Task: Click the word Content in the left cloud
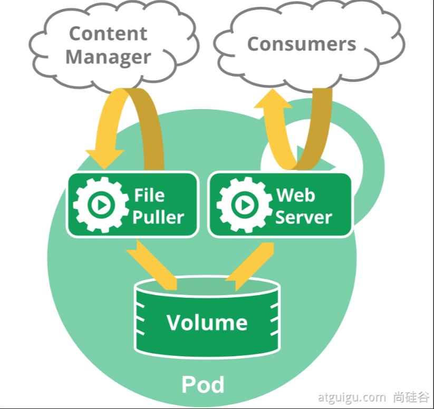click(108, 34)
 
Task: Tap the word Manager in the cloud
click(108, 57)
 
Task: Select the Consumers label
click(302, 44)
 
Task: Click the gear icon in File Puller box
click(101, 205)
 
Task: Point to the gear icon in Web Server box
click(245, 205)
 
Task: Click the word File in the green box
click(149, 195)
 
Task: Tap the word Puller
click(158, 217)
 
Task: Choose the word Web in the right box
click(296, 195)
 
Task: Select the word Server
click(304, 217)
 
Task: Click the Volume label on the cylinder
click(207, 323)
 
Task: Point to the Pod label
click(203, 384)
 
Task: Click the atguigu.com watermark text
click(352, 397)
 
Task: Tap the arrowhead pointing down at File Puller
click(104, 159)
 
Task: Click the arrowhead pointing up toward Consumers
click(273, 98)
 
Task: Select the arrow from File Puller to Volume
click(151, 265)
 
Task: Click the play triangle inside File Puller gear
click(102, 205)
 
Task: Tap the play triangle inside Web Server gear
click(246, 205)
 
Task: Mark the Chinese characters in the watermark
click(411, 397)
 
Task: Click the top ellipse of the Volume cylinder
click(207, 286)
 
